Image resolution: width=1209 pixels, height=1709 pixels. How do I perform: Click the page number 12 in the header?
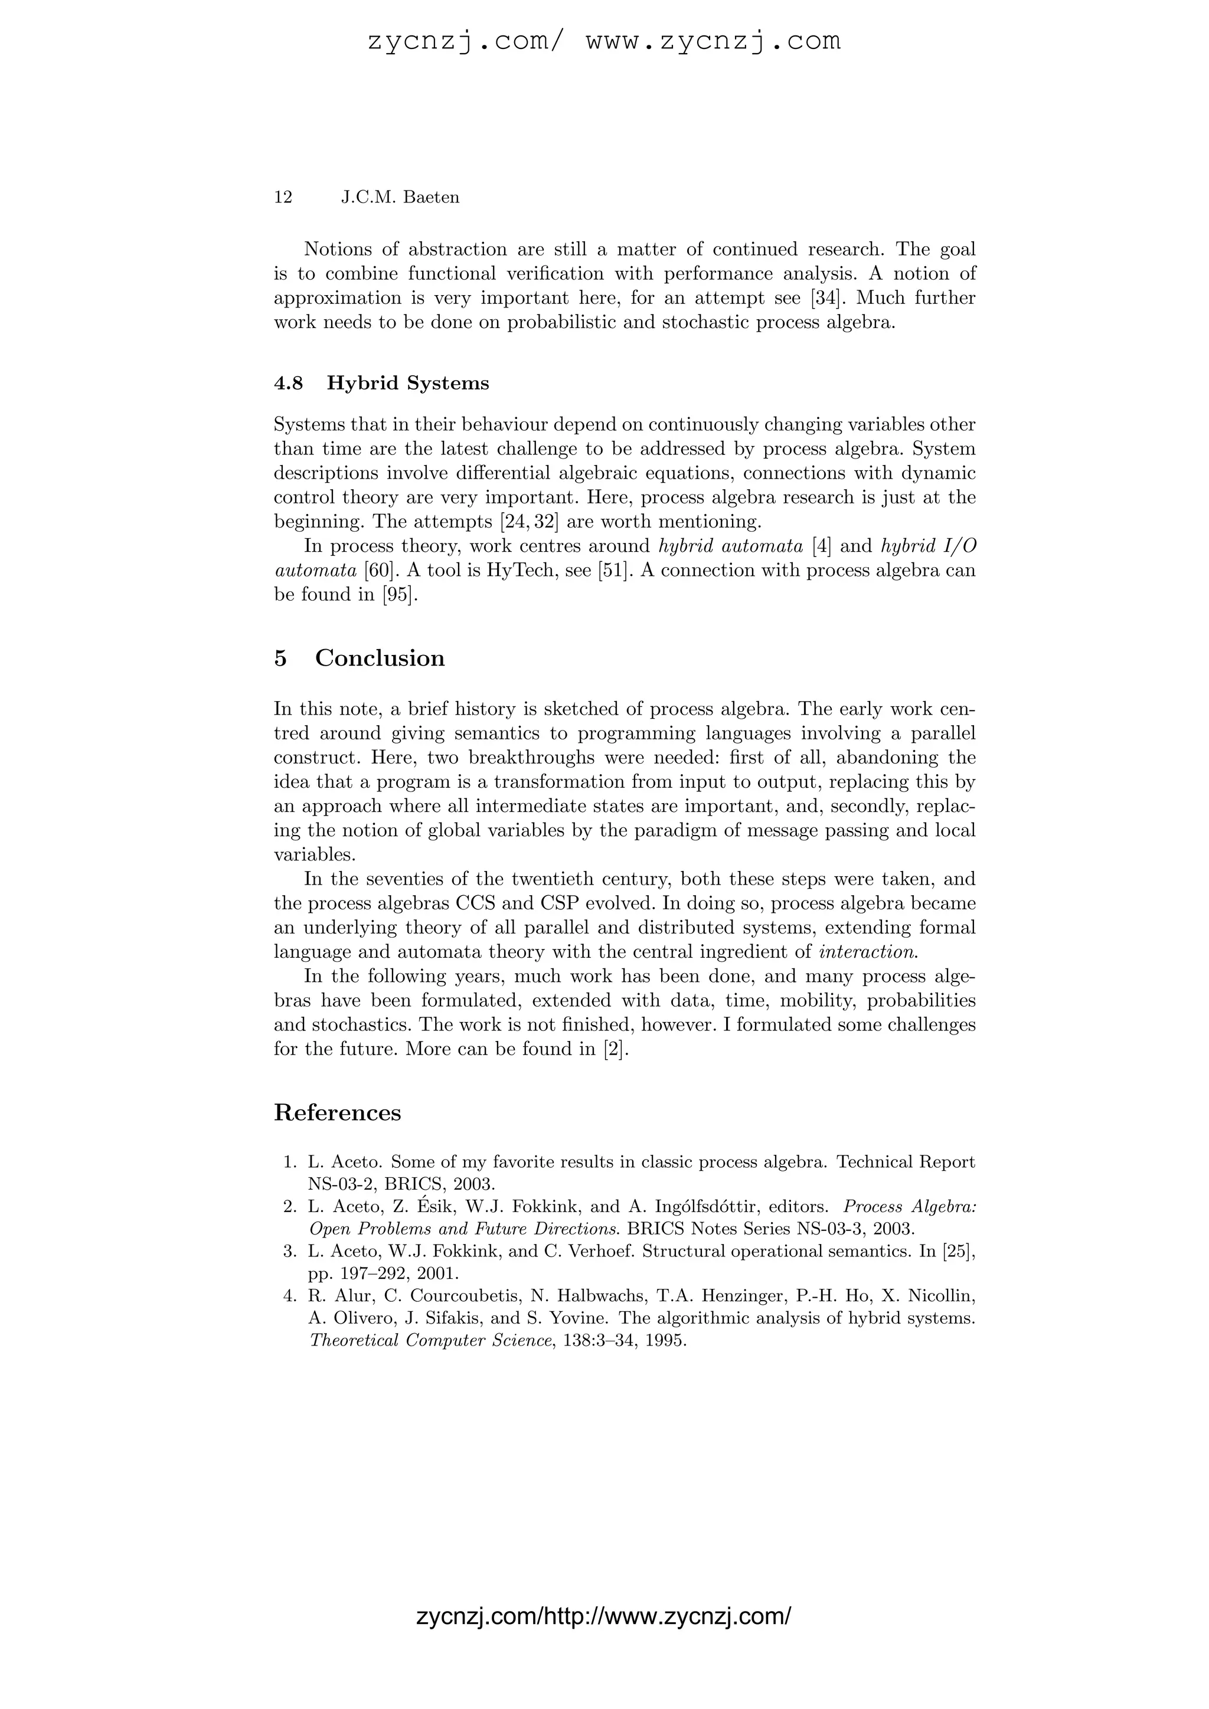click(283, 197)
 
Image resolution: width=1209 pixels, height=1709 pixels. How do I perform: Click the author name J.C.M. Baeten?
click(400, 197)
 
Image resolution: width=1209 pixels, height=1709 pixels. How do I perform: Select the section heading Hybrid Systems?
click(408, 384)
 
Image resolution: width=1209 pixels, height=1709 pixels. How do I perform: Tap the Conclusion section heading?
click(380, 658)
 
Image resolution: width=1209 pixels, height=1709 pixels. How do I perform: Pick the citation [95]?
click(397, 595)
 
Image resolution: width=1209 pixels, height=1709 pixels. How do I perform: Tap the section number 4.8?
click(289, 384)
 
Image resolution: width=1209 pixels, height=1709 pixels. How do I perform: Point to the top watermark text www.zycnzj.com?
click(713, 41)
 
